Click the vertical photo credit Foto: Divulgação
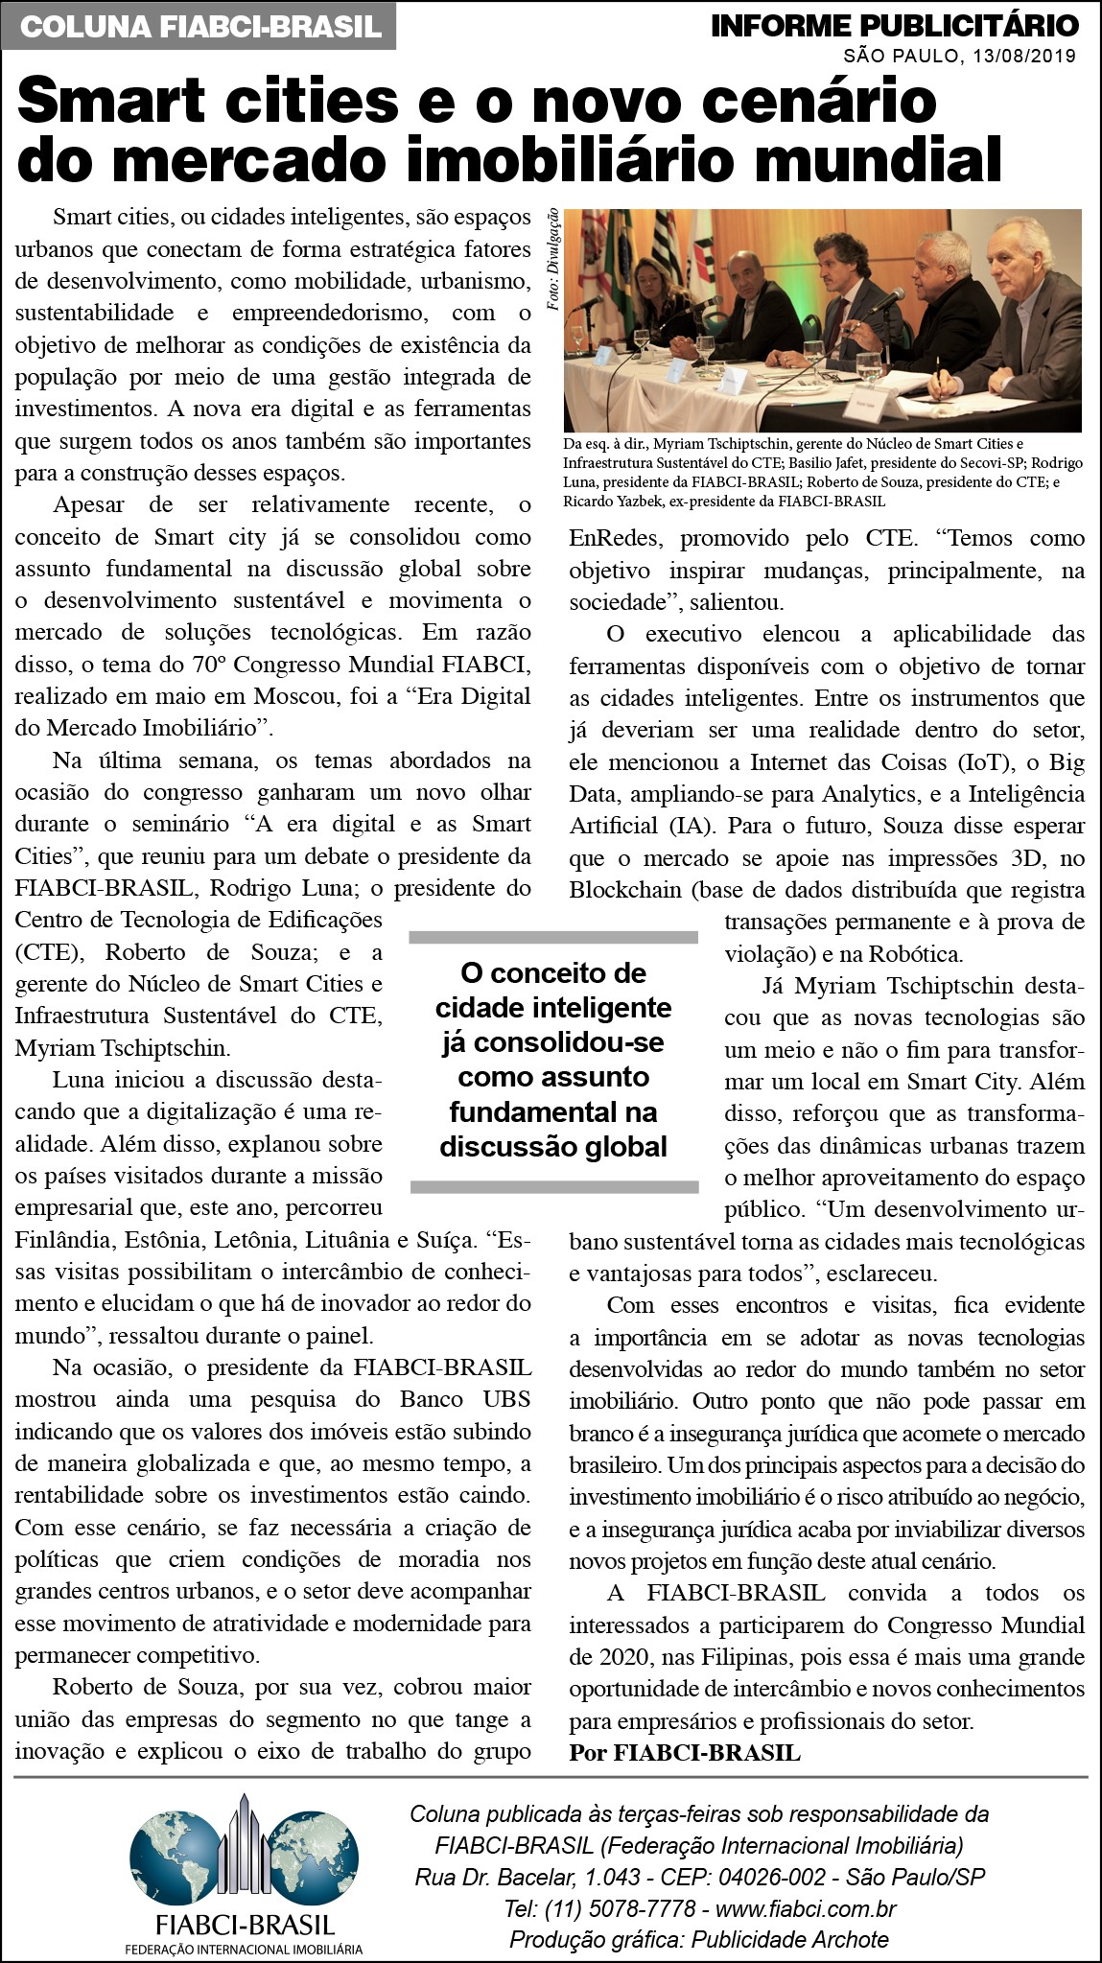(x=553, y=259)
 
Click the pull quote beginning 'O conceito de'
(x=552, y=1060)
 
